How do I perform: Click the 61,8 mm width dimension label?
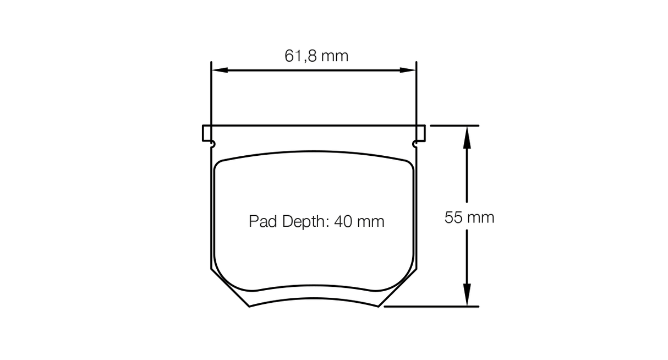tap(316, 56)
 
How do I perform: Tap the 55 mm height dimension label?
tap(469, 217)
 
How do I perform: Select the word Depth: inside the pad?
tap(305, 222)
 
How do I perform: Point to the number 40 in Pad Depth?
tap(343, 221)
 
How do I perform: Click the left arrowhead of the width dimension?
tap(220, 70)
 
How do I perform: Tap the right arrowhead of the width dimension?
tap(408, 70)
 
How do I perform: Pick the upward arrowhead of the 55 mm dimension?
tap(467, 138)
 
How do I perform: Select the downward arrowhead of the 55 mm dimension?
tap(467, 294)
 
